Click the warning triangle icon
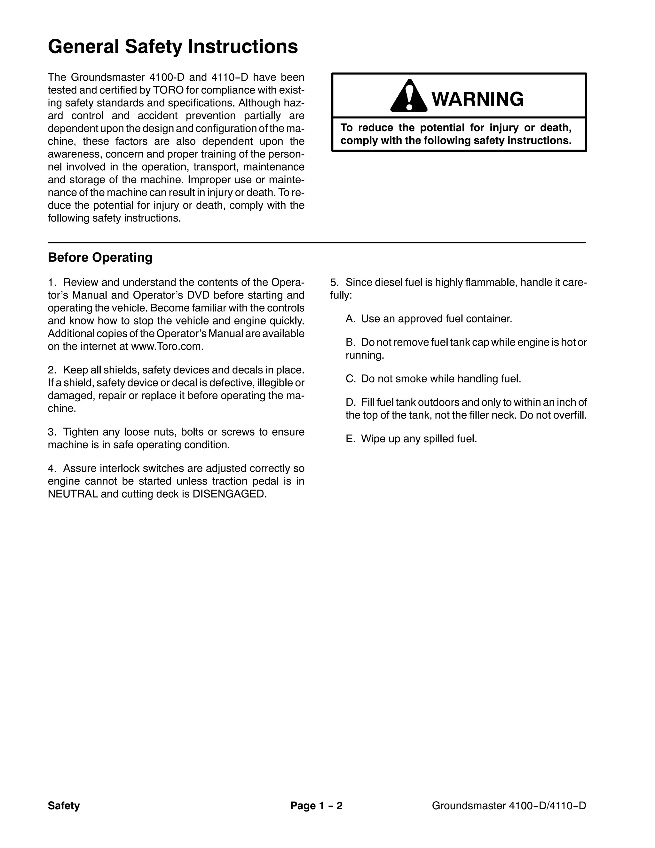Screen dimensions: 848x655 point(409,96)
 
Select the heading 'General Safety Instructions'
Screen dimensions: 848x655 point(173,47)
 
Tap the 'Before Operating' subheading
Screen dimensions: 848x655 point(100,257)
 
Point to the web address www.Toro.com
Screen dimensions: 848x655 point(167,346)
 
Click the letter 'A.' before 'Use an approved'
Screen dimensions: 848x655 point(351,319)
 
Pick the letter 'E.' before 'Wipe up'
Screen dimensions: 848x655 point(351,439)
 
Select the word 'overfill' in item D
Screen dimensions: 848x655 point(571,415)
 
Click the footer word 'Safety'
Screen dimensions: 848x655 point(64,806)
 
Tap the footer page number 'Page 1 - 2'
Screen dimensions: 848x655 point(316,806)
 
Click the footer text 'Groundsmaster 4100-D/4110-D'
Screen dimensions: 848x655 point(509,806)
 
